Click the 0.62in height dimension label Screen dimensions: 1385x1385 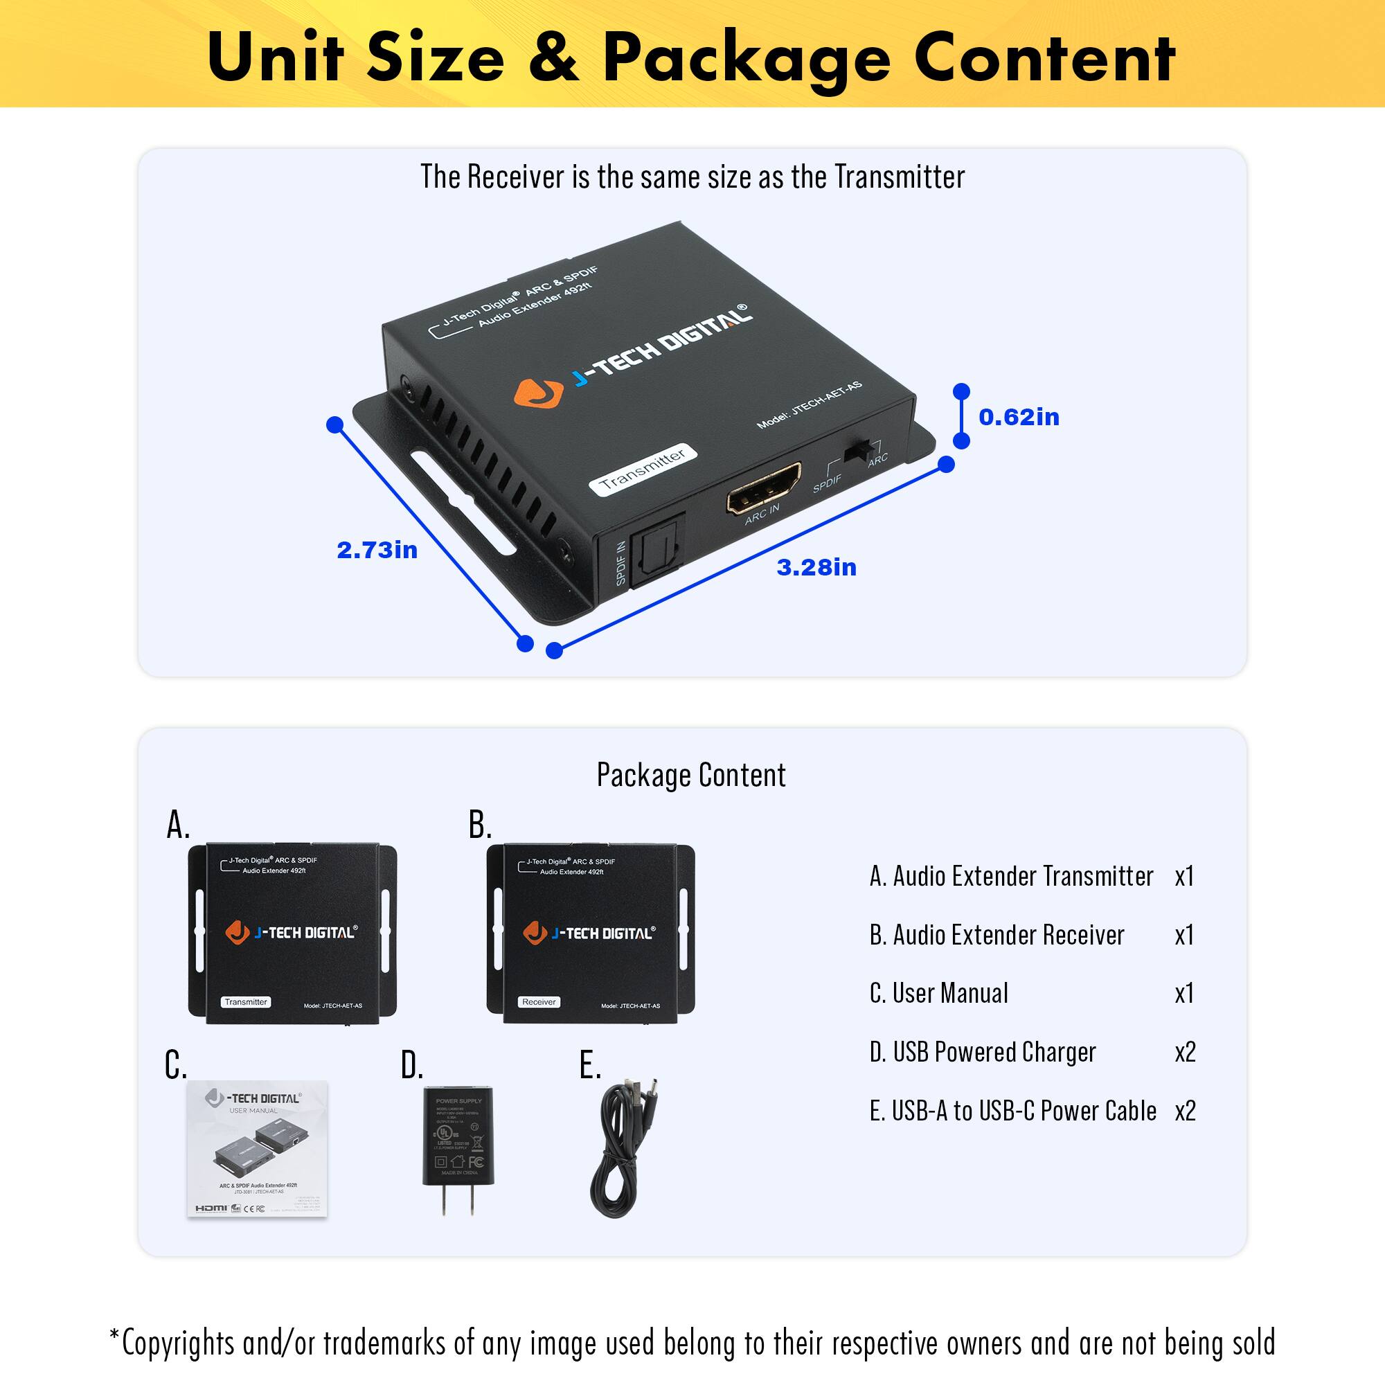(1019, 417)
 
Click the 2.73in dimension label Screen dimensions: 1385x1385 (377, 550)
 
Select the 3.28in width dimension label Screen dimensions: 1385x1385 (816, 567)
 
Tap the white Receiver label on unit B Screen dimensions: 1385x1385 (539, 1002)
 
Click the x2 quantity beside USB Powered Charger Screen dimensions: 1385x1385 (1185, 1052)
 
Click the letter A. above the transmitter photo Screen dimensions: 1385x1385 (179, 825)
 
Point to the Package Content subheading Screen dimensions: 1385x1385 (691, 775)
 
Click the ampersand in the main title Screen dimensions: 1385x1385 (553, 57)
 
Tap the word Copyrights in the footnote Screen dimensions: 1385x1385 (178, 1342)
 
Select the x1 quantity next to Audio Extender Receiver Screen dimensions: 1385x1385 (1184, 935)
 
